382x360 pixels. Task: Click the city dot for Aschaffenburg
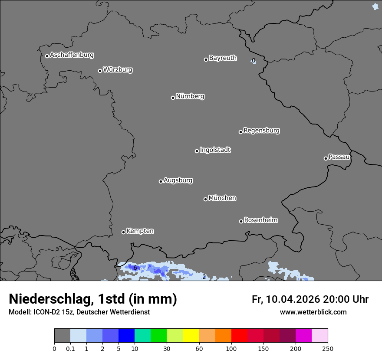[x=47, y=56]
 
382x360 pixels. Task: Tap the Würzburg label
[x=118, y=70]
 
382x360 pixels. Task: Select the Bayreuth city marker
[x=206, y=59]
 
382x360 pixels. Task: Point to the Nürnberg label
[x=190, y=96]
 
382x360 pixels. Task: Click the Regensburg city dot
[x=240, y=132]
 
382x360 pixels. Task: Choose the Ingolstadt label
[x=215, y=150]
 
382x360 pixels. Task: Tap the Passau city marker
[x=326, y=158]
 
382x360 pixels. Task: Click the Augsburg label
[x=178, y=180]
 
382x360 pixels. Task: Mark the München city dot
[x=205, y=200]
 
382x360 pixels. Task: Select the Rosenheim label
[x=260, y=220]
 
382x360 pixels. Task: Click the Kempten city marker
[x=123, y=232]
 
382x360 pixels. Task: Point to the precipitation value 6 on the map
[x=135, y=268]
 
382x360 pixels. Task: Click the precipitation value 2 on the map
[x=204, y=277]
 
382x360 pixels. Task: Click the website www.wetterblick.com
[x=313, y=312]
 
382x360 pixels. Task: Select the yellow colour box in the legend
[x=191, y=336]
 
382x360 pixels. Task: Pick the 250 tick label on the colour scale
[x=328, y=348]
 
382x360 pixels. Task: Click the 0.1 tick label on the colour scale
[x=70, y=348]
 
